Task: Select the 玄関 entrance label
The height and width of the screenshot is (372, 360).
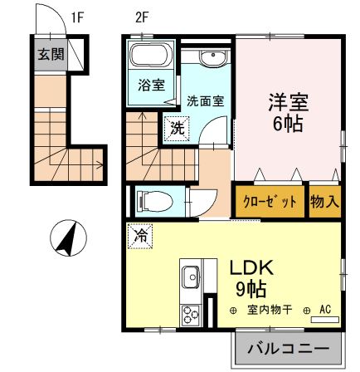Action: (48, 55)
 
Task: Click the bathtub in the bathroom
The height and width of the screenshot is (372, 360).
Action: (151, 59)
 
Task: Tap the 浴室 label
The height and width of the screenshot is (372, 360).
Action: (150, 84)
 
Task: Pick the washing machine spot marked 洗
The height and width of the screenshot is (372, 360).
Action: (178, 129)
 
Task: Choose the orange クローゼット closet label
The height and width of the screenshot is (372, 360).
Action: (270, 201)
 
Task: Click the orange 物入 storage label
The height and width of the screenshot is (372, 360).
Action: (324, 201)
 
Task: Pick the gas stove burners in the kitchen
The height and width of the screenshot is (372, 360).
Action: (190, 315)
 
